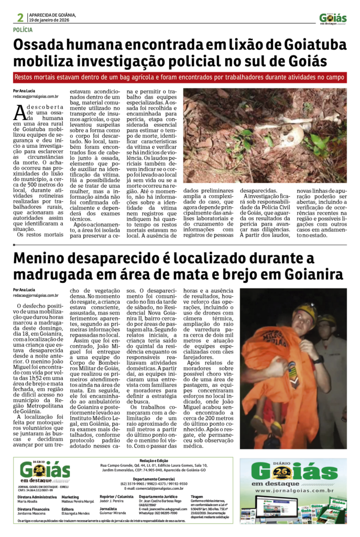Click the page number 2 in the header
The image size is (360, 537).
click(20, 17)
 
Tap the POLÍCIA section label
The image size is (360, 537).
click(26, 30)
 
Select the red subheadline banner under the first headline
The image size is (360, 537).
click(180, 77)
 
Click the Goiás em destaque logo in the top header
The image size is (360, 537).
click(333, 18)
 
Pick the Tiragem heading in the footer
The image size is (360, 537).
click(197, 496)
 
